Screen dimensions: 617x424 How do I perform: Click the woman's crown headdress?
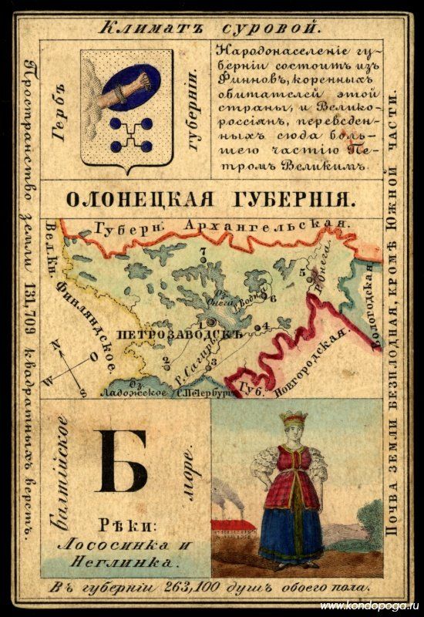pos(294,418)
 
